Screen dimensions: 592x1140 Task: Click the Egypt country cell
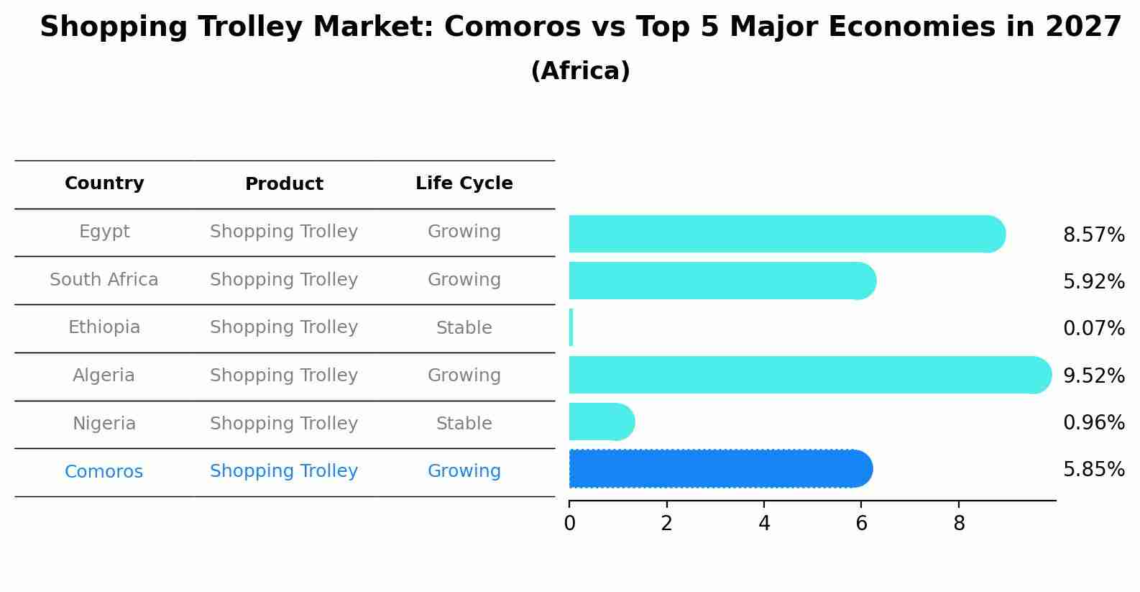104,232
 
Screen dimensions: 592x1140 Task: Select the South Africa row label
104,280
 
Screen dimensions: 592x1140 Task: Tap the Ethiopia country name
104,327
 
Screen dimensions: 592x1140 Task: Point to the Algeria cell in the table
104,375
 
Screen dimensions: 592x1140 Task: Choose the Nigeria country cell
104,424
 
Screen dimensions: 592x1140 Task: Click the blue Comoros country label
104,472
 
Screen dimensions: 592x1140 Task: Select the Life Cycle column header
464,183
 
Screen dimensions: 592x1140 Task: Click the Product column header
284,184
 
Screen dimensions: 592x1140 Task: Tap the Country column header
104,183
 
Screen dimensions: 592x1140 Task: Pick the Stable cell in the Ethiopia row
464,328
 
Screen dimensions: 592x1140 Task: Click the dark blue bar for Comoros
719,469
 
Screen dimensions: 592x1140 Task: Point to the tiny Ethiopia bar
571,327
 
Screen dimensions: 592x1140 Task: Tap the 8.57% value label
1093,235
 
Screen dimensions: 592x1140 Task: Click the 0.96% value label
1093,422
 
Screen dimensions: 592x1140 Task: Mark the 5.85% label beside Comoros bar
1093,470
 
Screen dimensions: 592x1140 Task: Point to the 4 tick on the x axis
764,524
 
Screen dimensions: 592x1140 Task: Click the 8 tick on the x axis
959,524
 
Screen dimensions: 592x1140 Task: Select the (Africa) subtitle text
580,71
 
